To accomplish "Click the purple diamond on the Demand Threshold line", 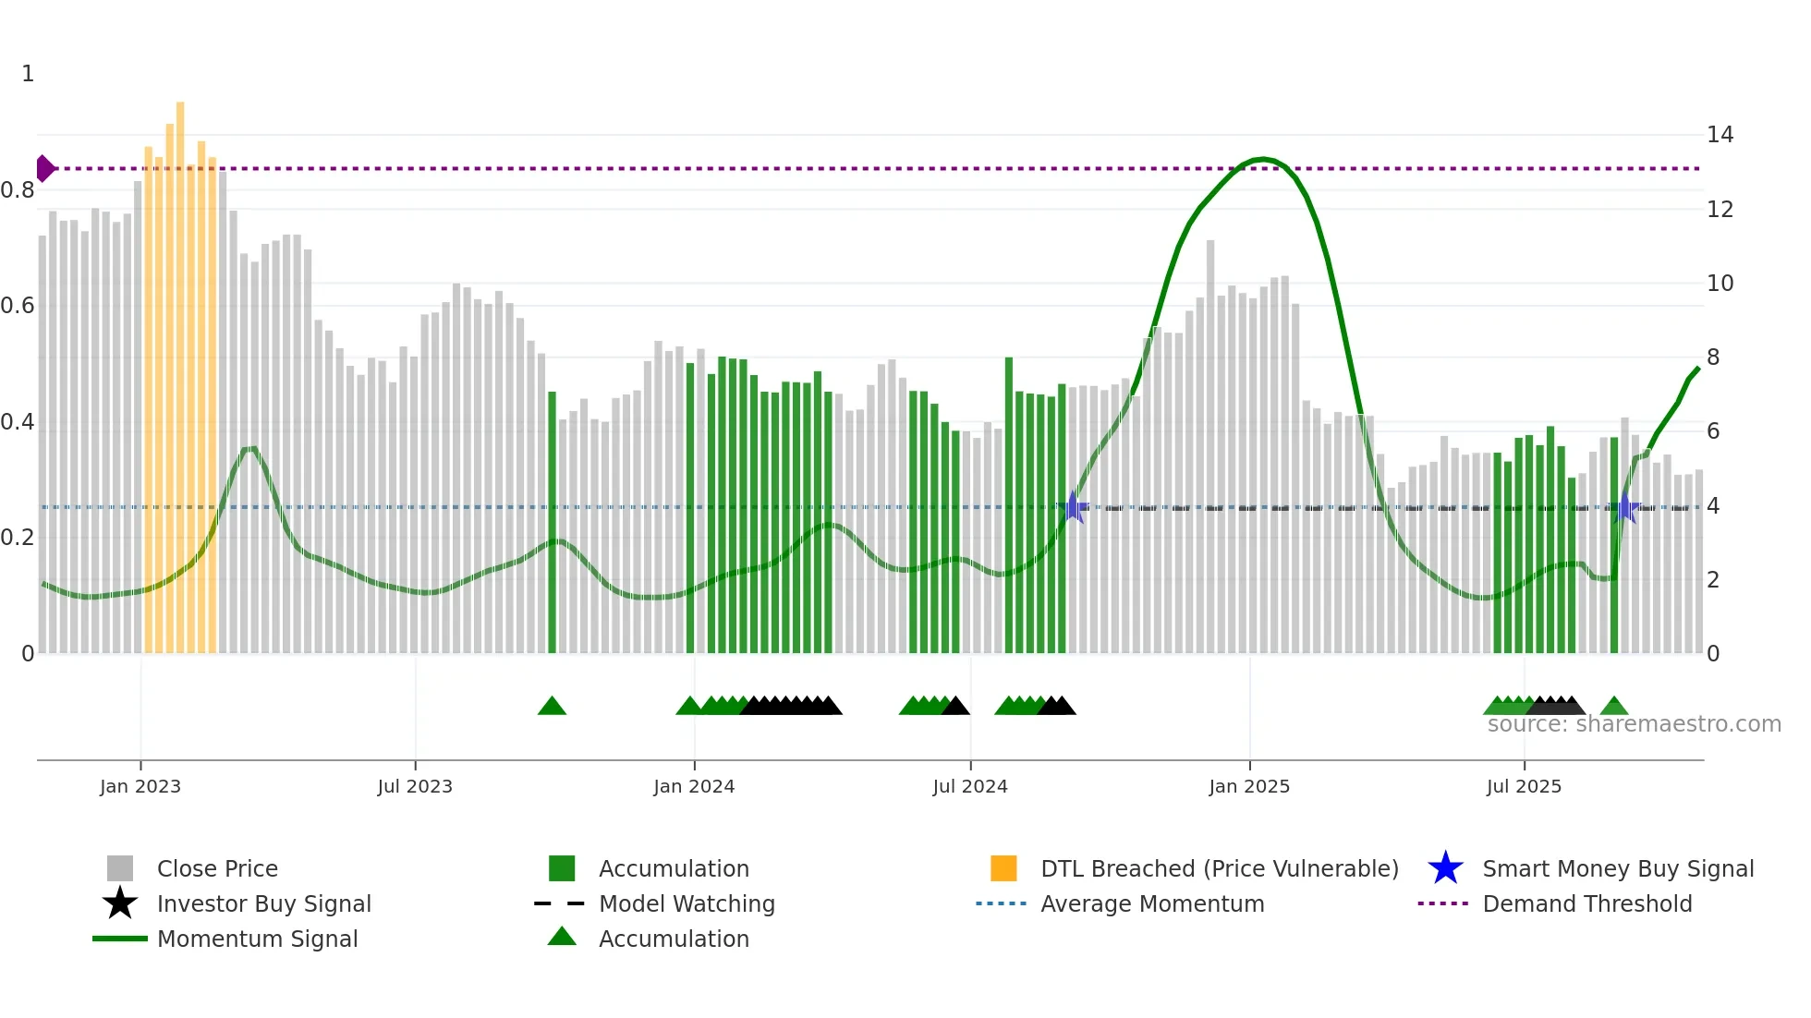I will (44, 168).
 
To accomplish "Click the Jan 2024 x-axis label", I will (694, 786).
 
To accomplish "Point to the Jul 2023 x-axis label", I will (415, 786).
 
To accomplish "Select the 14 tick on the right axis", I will (1720, 135).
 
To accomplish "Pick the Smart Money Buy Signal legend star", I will (1445, 868).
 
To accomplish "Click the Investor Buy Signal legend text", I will (263, 903).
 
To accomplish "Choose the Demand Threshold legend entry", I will (1586, 903).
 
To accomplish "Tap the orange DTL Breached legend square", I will (1003, 868).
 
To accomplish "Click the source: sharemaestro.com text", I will (1634, 724).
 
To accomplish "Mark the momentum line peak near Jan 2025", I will (1262, 159).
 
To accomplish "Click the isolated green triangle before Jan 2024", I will (552, 707).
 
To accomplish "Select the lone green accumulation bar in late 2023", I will (552, 522).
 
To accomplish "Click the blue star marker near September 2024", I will (1073, 507).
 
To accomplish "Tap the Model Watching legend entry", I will (686, 903).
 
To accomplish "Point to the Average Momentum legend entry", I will (1151, 903).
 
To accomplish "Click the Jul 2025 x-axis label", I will (1524, 786).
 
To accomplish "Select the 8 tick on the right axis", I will (1713, 358).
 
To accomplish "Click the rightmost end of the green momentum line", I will (1698, 369).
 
